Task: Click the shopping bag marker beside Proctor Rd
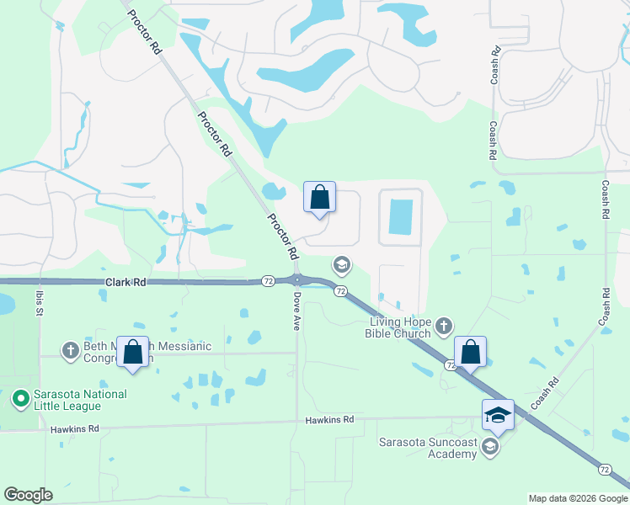tap(319, 199)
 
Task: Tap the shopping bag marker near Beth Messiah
tap(133, 353)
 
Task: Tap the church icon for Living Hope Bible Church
tap(444, 325)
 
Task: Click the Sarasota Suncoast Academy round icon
tap(489, 448)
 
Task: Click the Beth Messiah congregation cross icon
tap(71, 348)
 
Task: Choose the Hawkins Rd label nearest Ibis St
tap(75, 428)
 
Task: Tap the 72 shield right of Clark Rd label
tap(266, 279)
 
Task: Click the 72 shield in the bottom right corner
tap(605, 469)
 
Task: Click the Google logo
tap(28, 495)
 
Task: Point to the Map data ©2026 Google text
tap(578, 498)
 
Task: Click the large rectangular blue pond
tap(401, 217)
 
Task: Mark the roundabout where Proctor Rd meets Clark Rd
tap(297, 280)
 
